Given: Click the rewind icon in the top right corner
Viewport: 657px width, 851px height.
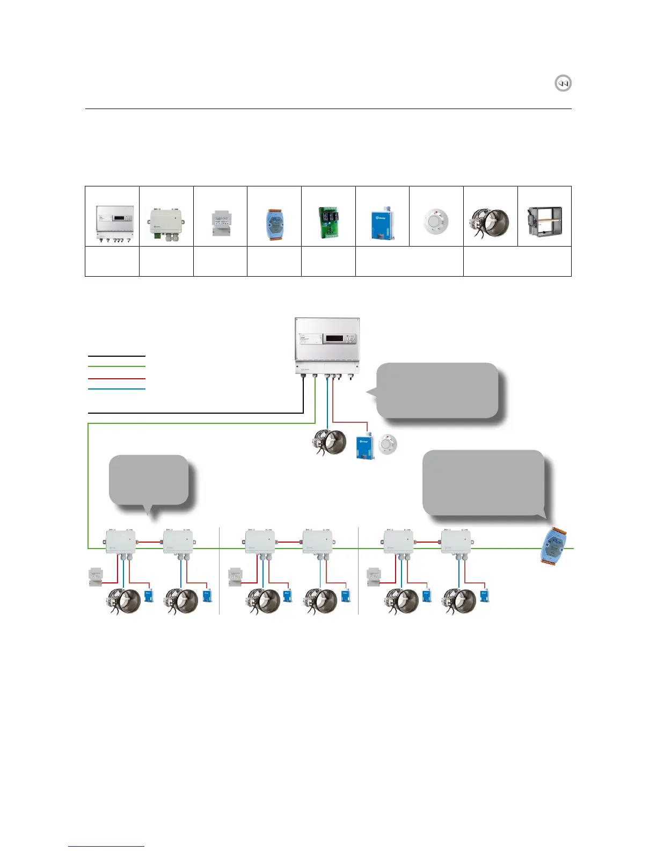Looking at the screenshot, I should (x=563, y=83).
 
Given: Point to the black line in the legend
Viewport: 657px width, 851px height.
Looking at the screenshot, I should (x=116, y=356).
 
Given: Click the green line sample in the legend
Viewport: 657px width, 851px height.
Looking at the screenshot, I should (x=116, y=366).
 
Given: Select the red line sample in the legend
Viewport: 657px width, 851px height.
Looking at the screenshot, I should (x=116, y=378).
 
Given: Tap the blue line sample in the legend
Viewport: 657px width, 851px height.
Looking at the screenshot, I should (x=116, y=389).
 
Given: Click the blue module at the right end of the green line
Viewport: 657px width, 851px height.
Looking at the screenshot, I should (x=553, y=546).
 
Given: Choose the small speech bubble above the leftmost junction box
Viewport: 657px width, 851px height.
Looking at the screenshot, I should (x=149, y=480).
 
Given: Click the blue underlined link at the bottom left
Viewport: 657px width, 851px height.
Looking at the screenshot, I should (x=106, y=846).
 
